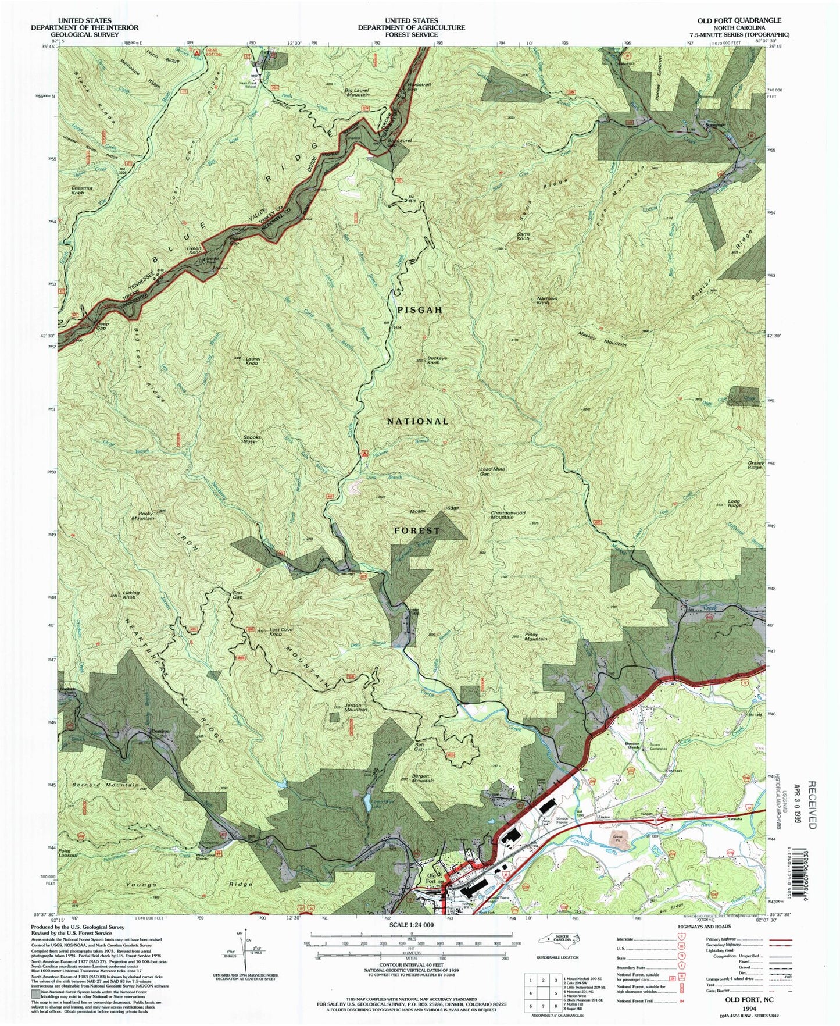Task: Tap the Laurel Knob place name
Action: pos(252,361)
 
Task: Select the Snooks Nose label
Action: pos(252,439)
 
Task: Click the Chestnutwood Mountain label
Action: pos(508,515)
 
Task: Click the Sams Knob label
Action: pos(523,237)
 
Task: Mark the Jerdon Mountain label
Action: pos(356,708)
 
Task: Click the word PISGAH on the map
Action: pos(420,310)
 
